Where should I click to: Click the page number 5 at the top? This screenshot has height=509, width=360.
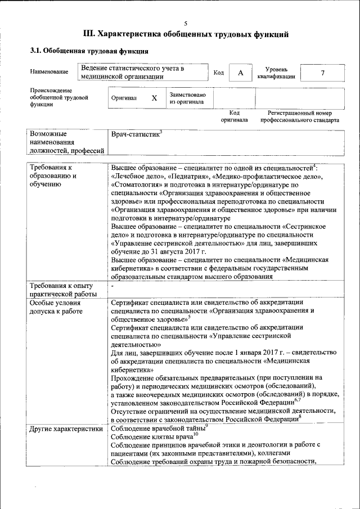[185, 23]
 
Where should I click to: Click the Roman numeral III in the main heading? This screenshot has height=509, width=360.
[89, 35]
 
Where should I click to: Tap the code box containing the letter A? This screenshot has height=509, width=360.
[240, 73]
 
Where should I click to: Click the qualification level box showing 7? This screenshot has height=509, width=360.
[322, 73]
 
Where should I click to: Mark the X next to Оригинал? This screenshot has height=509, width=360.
[154, 98]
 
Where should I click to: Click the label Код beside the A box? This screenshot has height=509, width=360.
[219, 73]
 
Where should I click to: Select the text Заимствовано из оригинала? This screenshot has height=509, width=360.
[187, 98]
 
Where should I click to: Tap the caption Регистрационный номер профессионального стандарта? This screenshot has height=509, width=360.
[303, 116]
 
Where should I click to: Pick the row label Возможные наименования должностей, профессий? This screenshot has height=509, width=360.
[67, 142]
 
